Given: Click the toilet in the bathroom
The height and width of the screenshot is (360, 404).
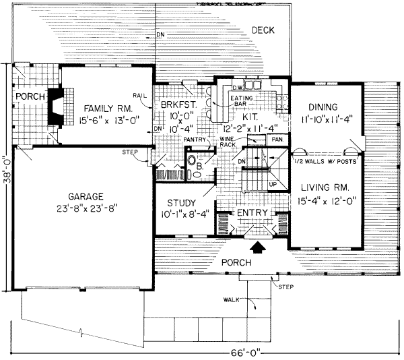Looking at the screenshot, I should (192, 162).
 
